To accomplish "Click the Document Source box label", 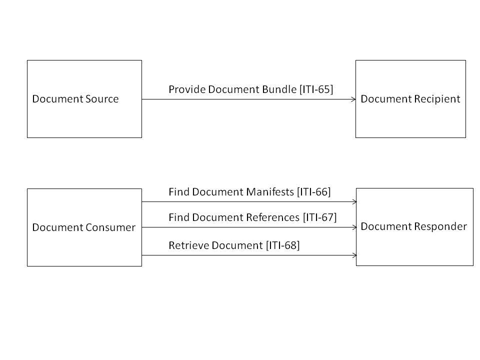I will click(75, 99).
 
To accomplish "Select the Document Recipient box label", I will click(410, 99).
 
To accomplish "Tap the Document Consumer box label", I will click(83, 227).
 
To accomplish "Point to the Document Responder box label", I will click(413, 226).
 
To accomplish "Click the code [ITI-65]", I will click(316, 89).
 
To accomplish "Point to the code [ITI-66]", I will click(314, 191).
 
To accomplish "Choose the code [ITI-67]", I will click(320, 217).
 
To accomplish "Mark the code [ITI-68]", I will click(283, 245).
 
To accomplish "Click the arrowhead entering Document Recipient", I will click(353, 99).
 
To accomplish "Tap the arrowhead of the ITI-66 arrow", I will click(353, 202).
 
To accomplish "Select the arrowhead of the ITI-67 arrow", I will click(353, 227).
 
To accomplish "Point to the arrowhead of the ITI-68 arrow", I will click(353, 255).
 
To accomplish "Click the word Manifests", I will click(272, 191).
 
